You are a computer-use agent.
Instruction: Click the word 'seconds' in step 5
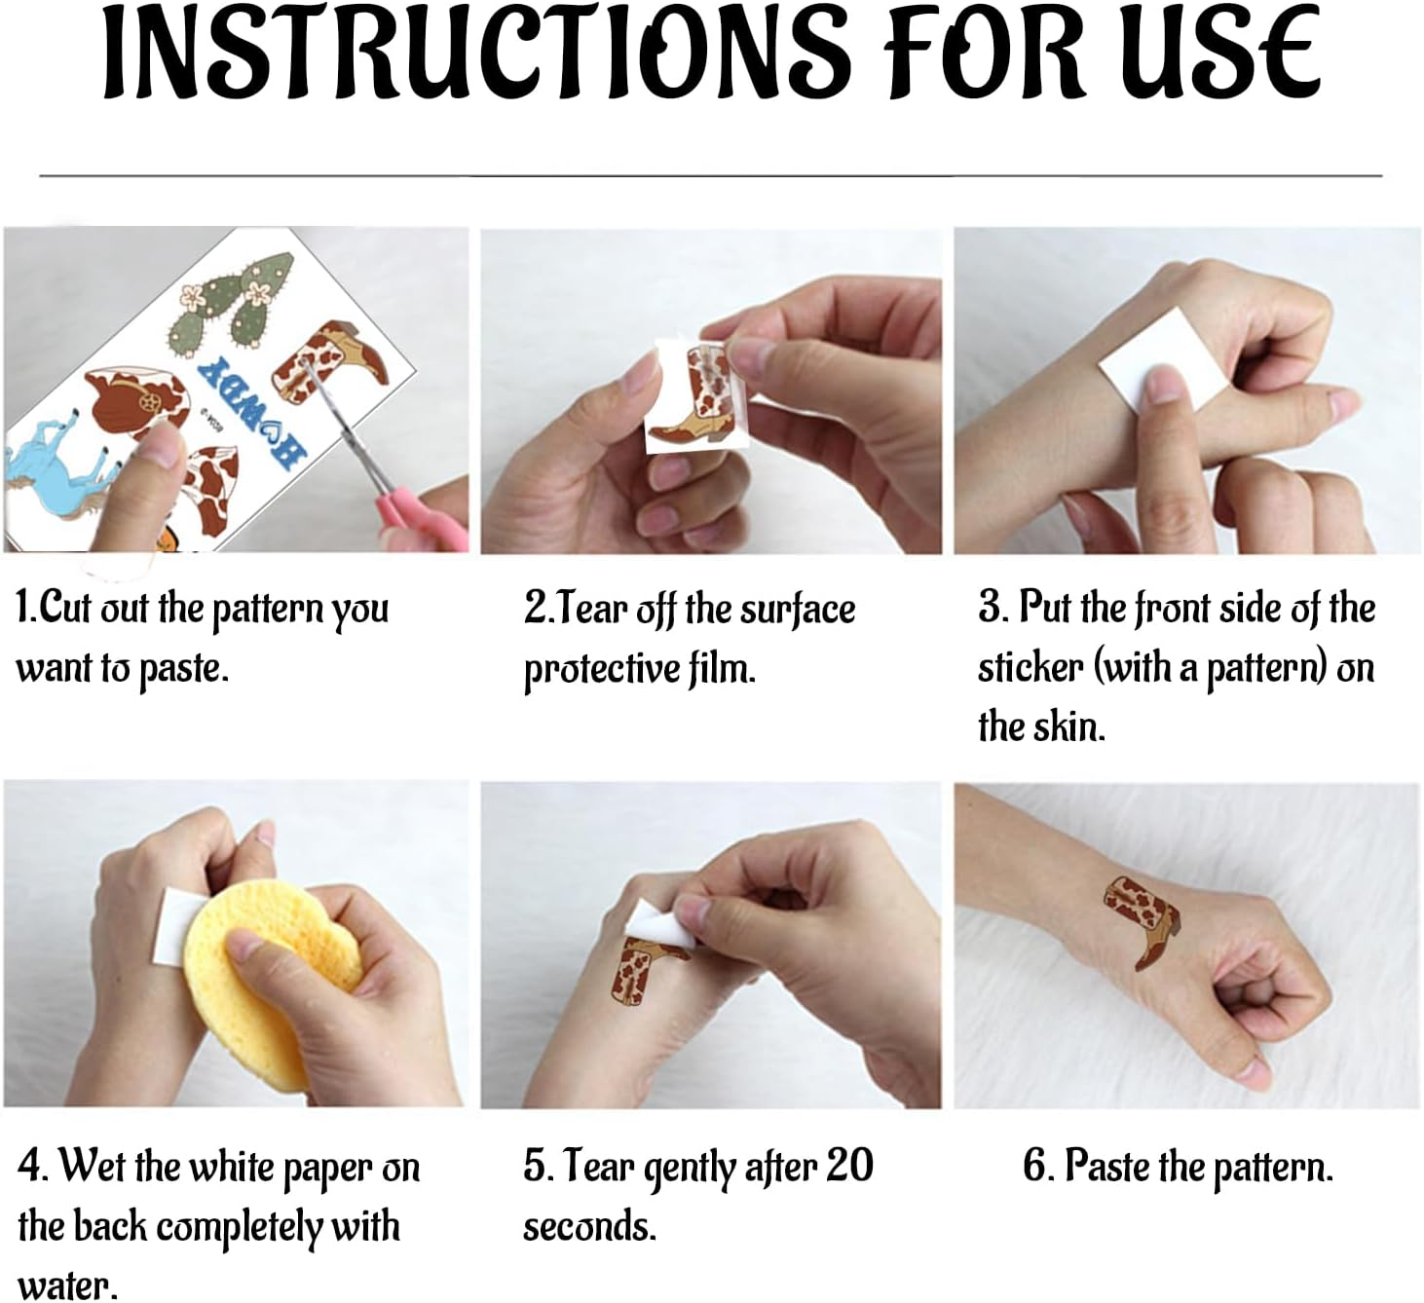589,1226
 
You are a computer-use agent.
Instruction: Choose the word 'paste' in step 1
183,670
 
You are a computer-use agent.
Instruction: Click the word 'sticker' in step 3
1031,668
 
